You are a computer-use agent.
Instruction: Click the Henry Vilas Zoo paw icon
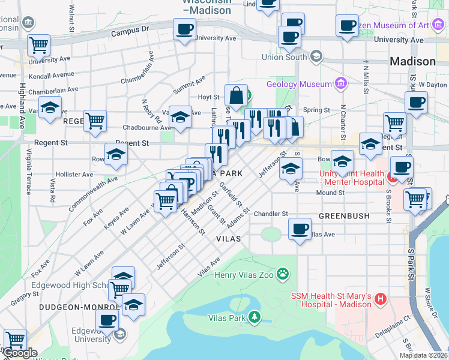tap(283, 275)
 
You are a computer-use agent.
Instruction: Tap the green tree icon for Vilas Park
tap(255, 316)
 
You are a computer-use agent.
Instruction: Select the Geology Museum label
tap(299, 85)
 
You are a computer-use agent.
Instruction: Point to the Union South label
tap(284, 58)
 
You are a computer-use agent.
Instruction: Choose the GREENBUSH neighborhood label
tap(343, 215)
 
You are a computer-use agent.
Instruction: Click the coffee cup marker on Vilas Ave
tap(300, 229)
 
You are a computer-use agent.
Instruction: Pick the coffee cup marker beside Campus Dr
tap(185, 28)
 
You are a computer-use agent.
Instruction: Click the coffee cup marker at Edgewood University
tap(107, 320)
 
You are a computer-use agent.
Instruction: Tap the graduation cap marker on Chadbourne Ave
tap(179, 116)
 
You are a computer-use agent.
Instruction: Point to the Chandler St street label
tap(271, 214)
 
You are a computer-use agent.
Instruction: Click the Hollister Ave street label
tap(74, 175)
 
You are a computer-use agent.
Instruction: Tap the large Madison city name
tap(412, 62)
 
